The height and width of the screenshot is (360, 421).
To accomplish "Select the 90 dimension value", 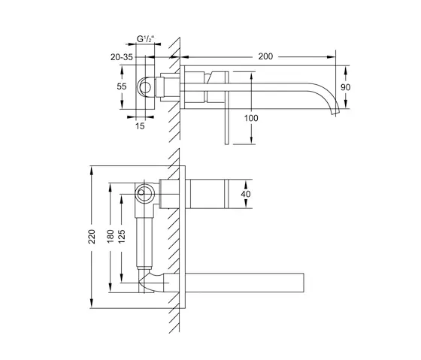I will [347, 87].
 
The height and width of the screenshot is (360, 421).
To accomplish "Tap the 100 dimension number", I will [250, 119].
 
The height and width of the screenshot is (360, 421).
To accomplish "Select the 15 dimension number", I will [140, 127].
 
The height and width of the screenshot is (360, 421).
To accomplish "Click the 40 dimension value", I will [244, 194].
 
